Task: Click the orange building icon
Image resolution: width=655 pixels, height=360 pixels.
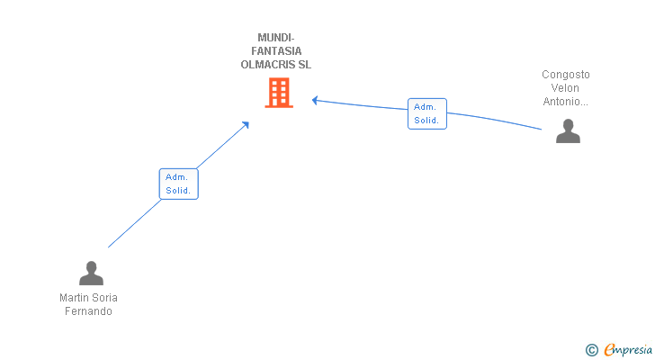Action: point(279,93)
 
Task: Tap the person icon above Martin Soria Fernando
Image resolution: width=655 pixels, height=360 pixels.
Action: point(91,273)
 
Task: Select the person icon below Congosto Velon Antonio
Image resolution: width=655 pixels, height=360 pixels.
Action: point(568,131)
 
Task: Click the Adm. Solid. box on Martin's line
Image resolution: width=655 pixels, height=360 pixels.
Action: point(179,184)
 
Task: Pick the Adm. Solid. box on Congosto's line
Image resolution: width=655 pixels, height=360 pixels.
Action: point(427,113)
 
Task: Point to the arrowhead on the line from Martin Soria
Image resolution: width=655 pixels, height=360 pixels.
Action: point(246,125)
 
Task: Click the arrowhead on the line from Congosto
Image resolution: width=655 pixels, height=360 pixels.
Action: point(316,100)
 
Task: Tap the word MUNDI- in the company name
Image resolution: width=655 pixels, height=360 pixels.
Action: point(276,38)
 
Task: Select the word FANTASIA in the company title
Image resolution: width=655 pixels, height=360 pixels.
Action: point(276,51)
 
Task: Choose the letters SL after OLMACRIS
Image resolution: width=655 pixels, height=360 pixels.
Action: point(304,65)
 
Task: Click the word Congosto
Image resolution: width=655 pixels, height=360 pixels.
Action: point(566,75)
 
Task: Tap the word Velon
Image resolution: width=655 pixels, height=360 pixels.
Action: point(565,88)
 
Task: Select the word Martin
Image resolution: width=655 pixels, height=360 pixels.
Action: point(73,298)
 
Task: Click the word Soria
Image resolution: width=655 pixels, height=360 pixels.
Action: point(103,298)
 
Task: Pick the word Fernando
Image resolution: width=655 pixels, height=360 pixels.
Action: point(88,311)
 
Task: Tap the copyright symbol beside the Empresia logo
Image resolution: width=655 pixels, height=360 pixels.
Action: point(592,350)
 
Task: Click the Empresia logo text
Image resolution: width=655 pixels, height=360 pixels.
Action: point(627,350)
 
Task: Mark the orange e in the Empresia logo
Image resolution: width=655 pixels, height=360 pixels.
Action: point(609,349)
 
